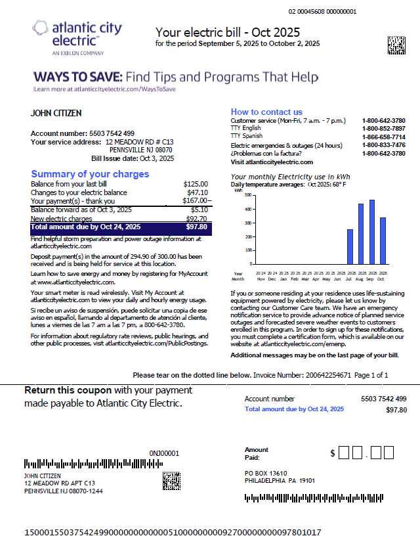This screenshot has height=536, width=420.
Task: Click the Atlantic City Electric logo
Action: point(77,36)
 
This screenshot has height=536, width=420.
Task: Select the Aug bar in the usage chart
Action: point(361,233)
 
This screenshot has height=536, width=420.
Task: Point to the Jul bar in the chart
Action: point(350,246)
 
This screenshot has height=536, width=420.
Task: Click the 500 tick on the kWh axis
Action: point(247,195)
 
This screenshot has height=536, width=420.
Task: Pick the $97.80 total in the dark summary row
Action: point(196,227)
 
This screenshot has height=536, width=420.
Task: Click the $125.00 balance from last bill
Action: point(196,184)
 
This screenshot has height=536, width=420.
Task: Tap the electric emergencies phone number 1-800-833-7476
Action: point(383,145)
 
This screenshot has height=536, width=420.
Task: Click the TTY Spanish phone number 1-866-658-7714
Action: point(383,137)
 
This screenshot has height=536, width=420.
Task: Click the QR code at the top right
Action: point(396,44)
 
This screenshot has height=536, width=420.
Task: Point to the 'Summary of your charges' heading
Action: point(90,174)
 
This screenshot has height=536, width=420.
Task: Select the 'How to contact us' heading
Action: point(266,112)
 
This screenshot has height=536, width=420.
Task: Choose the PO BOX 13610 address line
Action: point(266,473)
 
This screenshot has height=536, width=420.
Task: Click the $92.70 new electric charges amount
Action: point(196,218)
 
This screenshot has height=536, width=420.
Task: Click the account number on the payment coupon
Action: point(383,399)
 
